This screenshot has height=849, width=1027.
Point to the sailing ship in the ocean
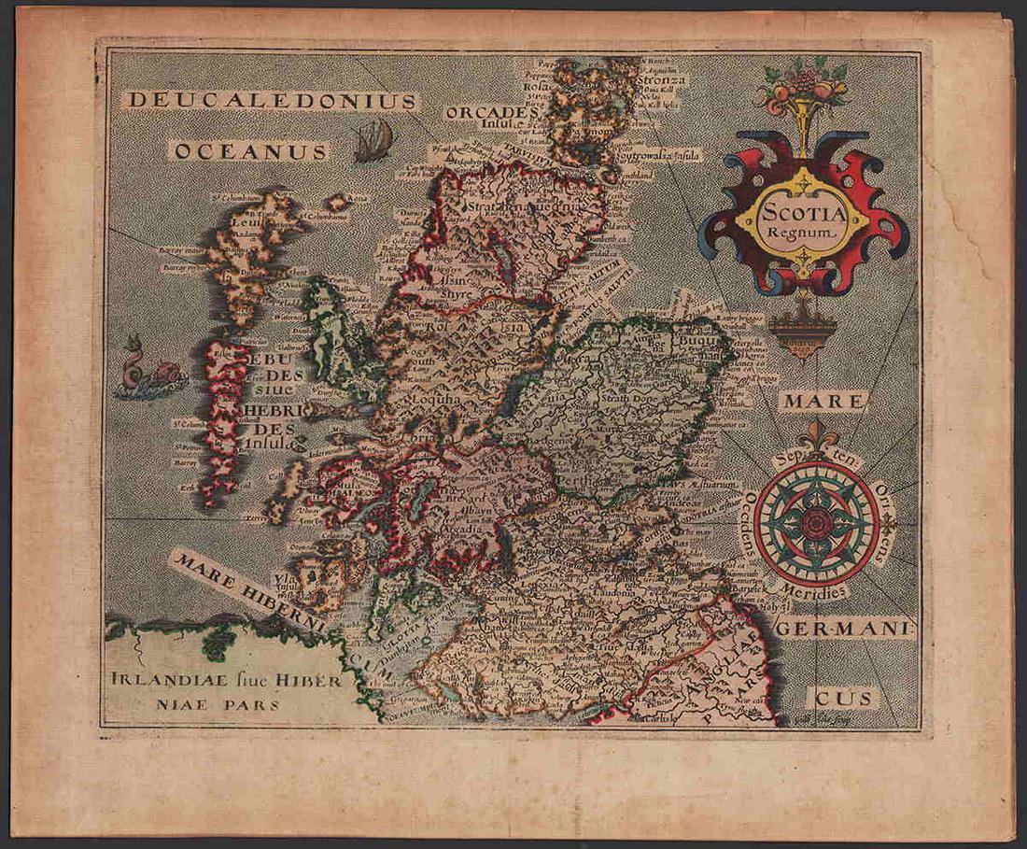pyautogui.click(x=373, y=140)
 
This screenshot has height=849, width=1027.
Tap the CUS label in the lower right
pyautogui.click(x=840, y=697)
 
